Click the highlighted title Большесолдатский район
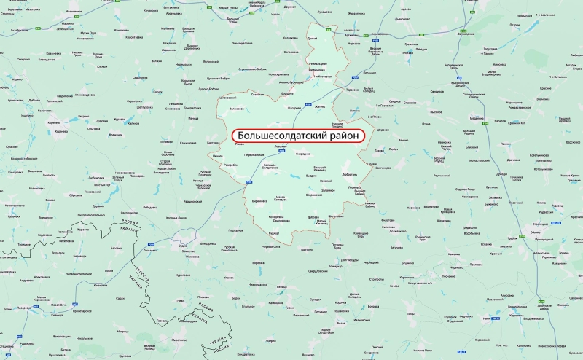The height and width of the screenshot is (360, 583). pos(297,136)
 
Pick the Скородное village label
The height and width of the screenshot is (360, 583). pos(303,154)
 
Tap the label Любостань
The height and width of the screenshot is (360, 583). pos(349,175)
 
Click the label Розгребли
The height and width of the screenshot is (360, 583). pos(232,165)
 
